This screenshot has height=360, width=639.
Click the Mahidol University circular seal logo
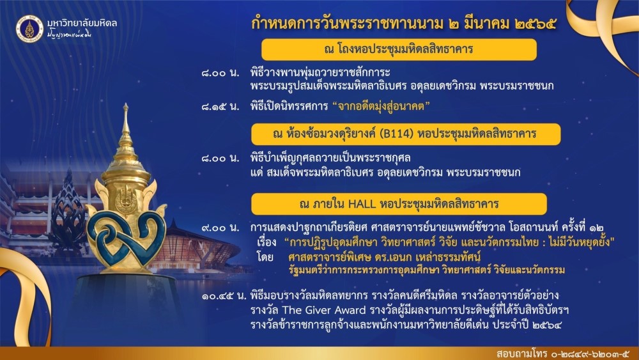pos(29,29)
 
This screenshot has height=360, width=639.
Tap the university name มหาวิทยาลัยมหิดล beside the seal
pos(82,23)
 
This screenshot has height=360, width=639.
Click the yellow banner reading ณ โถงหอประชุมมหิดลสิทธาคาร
pos(399,50)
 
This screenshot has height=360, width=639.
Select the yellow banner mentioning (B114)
pos(406,134)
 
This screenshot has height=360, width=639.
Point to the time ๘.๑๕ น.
pos(220,107)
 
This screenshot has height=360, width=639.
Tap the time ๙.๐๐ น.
pos(220,228)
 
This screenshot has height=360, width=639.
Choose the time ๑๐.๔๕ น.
pos(224,295)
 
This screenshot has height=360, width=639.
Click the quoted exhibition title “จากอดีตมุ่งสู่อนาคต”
pos(381,106)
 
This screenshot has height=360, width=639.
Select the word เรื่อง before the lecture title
pos(267,242)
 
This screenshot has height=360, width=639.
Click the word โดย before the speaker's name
pos(265,257)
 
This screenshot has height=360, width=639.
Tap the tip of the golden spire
pos(126,104)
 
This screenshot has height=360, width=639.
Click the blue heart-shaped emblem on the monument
pos(126,240)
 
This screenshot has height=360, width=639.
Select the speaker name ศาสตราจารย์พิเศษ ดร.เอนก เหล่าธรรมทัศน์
pos(384,257)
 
